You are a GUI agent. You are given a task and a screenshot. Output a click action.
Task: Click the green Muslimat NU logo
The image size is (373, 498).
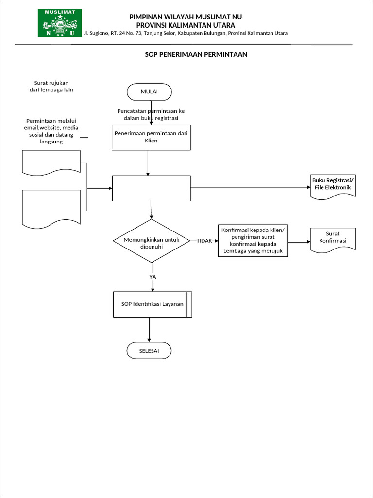point(60,23)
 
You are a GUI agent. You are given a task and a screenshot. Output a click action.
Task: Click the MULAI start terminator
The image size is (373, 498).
point(149,91)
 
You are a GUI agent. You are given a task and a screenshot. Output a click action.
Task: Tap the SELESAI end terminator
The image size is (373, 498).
point(149,351)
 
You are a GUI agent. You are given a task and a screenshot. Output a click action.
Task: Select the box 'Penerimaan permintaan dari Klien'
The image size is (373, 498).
point(151,137)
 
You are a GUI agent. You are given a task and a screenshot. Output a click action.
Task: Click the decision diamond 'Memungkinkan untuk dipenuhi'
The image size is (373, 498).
point(151,241)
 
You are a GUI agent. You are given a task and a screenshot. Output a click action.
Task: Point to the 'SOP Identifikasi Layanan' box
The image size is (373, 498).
point(153,304)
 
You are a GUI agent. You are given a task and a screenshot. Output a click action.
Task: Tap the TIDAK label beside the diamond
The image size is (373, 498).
point(204,241)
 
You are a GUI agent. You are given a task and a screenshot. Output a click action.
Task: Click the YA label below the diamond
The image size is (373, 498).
point(153,276)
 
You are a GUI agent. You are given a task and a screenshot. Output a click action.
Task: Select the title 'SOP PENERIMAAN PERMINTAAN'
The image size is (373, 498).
point(196,54)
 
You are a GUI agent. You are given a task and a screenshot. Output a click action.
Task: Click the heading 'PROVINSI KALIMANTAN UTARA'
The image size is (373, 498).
point(186,25)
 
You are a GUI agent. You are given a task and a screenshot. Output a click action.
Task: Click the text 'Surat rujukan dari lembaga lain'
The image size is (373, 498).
point(54,86)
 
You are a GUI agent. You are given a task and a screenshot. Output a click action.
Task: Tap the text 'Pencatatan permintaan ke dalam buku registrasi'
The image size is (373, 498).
point(151,114)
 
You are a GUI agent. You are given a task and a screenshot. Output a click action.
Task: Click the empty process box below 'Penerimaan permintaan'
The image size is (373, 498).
point(151,188)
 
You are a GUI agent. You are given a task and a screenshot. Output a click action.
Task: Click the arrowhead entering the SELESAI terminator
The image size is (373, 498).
point(149,340)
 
